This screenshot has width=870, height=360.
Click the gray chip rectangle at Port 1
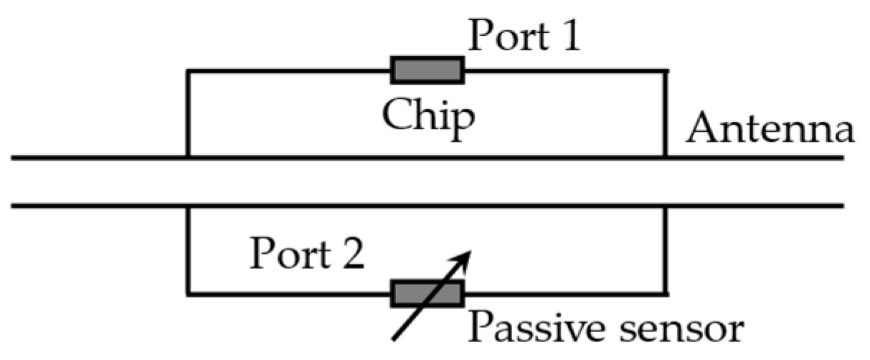tap(427, 70)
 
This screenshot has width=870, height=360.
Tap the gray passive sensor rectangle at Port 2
tap(427, 293)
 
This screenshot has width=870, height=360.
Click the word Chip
tap(427, 115)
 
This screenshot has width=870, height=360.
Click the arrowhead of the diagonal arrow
tap(465, 256)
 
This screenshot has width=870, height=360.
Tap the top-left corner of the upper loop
tap(187, 71)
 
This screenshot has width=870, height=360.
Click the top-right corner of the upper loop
tap(666, 71)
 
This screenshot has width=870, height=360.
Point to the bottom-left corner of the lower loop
tap(187, 293)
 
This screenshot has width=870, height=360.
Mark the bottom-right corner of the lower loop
tap(666, 293)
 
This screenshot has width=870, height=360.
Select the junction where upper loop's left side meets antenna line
tap(187, 157)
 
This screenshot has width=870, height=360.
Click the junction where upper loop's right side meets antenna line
tap(666, 157)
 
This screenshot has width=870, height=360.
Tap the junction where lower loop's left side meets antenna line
tap(187, 207)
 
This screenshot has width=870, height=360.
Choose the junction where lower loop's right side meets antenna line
tap(666, 207)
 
